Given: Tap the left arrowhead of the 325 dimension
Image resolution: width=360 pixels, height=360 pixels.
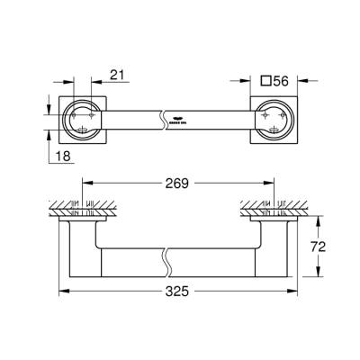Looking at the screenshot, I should pyautogui.click(x=63, y=292).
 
